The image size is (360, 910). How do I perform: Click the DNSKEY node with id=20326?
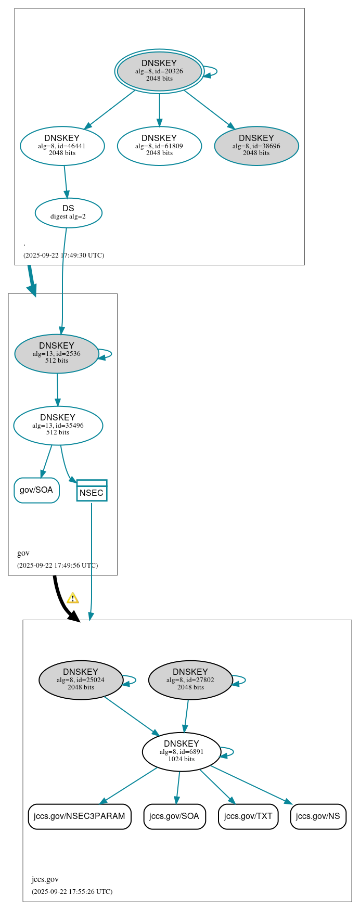(159, 71)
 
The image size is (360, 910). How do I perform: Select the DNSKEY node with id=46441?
(62, 146)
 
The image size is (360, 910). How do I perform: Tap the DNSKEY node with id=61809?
(159, 146)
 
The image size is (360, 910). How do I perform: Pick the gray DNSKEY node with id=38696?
(256, 146)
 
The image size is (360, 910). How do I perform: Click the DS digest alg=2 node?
(68, 212)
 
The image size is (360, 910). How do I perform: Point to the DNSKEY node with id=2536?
(57, 353)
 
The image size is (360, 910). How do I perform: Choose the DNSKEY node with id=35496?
(58, 425)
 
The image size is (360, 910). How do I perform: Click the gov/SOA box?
(36, 490)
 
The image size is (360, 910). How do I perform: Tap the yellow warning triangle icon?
(73, 598)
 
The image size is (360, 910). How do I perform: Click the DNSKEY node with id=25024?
(81, 680)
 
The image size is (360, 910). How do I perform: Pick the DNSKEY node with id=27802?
(190, 680)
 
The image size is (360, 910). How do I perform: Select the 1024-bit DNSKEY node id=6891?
(182, 751)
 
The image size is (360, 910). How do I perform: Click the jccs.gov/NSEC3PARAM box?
(80, 816)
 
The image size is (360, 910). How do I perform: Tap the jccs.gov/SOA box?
(174, 816)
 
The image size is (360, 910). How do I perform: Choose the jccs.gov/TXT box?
(248, 816)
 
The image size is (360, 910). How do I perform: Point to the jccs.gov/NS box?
(318, 816)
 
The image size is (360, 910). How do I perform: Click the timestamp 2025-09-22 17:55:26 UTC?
(72, 891)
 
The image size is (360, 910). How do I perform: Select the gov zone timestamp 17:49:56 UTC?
(57, 565)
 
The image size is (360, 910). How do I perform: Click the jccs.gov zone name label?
(45, 879)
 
